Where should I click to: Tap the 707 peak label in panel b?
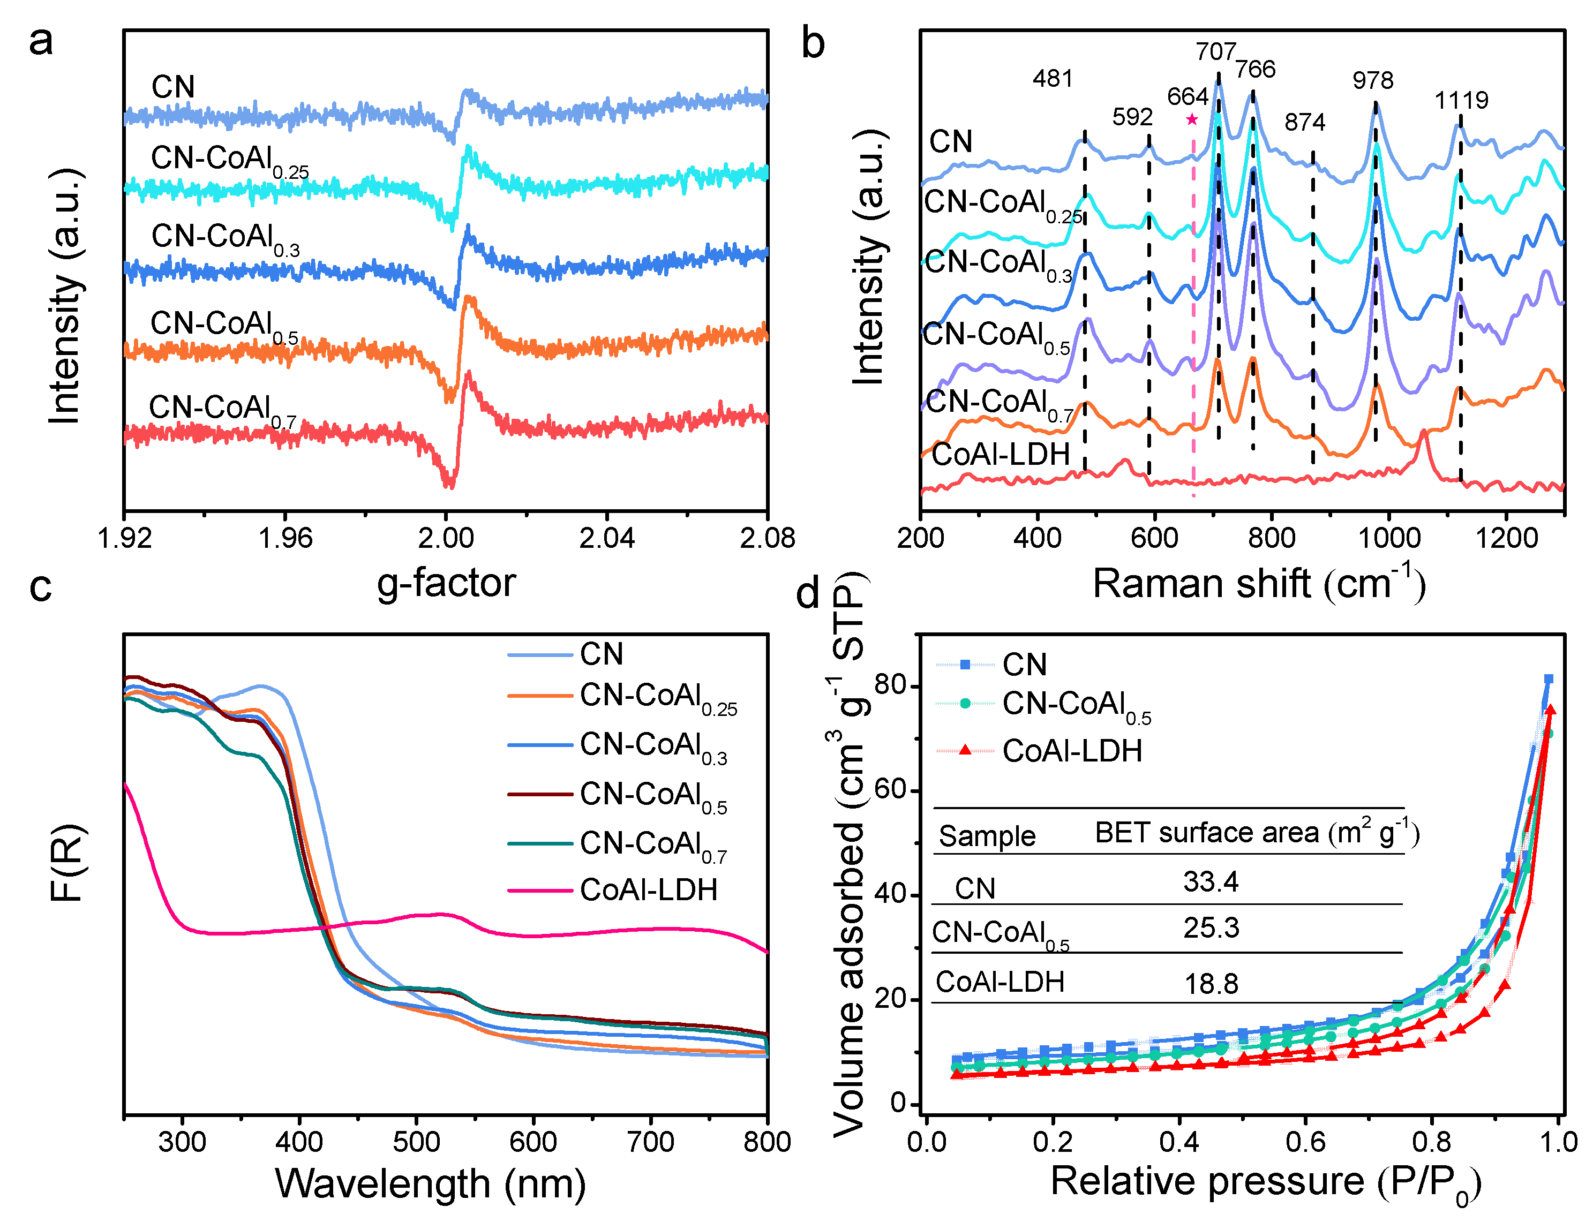click(x=1215, y=51)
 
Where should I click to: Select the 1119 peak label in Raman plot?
click(x=1461, y=100)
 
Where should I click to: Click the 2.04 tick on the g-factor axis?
click(x=607, y=538)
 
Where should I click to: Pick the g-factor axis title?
click(x=446, y=583)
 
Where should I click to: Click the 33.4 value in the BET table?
click(x=1211, y=881)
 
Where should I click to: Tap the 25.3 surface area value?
click(x=1211, y=927)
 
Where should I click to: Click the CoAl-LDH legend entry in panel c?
click(x=648, y=889)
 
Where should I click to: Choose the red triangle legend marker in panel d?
click(x=965, y=750)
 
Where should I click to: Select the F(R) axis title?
click(x=67, y=863)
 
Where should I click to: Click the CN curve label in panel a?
click(x=173, y=87)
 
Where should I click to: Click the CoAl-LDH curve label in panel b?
click(x=1001, y=454)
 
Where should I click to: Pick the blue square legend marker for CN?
click(x=965, y=664)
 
